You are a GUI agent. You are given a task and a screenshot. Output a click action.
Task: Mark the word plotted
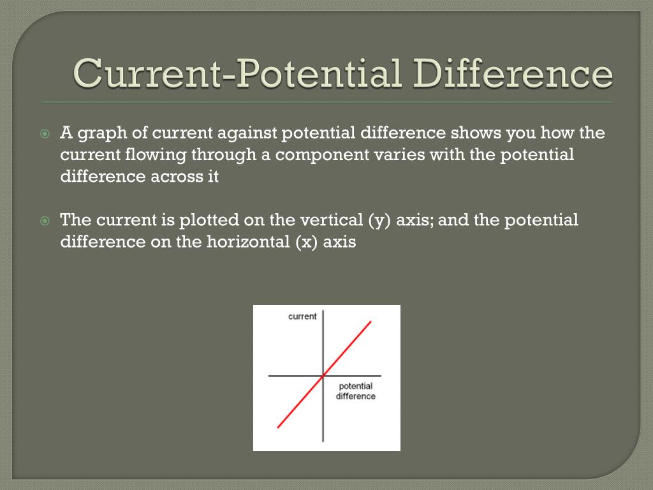tap(209, 220)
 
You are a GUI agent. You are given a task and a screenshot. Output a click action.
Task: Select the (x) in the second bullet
tap(308, 242)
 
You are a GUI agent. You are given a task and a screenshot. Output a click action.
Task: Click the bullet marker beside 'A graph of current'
tap(45, 134)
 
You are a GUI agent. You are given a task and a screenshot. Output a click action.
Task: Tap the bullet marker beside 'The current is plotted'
tap(45, 221)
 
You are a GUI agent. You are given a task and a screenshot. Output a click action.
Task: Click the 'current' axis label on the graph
tap(302, 316)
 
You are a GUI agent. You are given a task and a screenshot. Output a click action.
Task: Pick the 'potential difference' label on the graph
tap(356, 391)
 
